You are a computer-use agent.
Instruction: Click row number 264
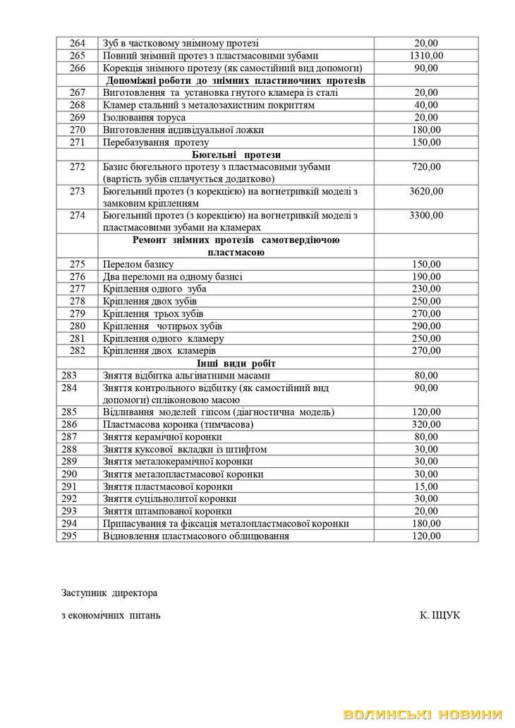[x=78, y=43]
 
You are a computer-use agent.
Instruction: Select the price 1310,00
[x=426, y=56]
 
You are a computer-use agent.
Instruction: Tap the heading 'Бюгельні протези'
[x=236, y=154]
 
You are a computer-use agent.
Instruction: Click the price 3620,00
[x=426, y=191]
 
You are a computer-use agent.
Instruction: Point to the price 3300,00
[x=426, y=216]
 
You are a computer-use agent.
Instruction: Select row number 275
[x=78, y=264]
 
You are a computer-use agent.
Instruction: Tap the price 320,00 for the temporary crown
[x=426, y=424]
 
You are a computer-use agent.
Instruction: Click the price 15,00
[x=426, y=486]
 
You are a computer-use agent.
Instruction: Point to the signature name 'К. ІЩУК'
[x=440, y=615]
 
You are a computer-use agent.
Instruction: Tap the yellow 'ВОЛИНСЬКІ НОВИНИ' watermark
[x=425, y=715]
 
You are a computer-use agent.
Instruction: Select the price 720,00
[x=426, y=166]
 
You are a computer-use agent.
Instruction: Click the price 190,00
[x=426, y=277]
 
